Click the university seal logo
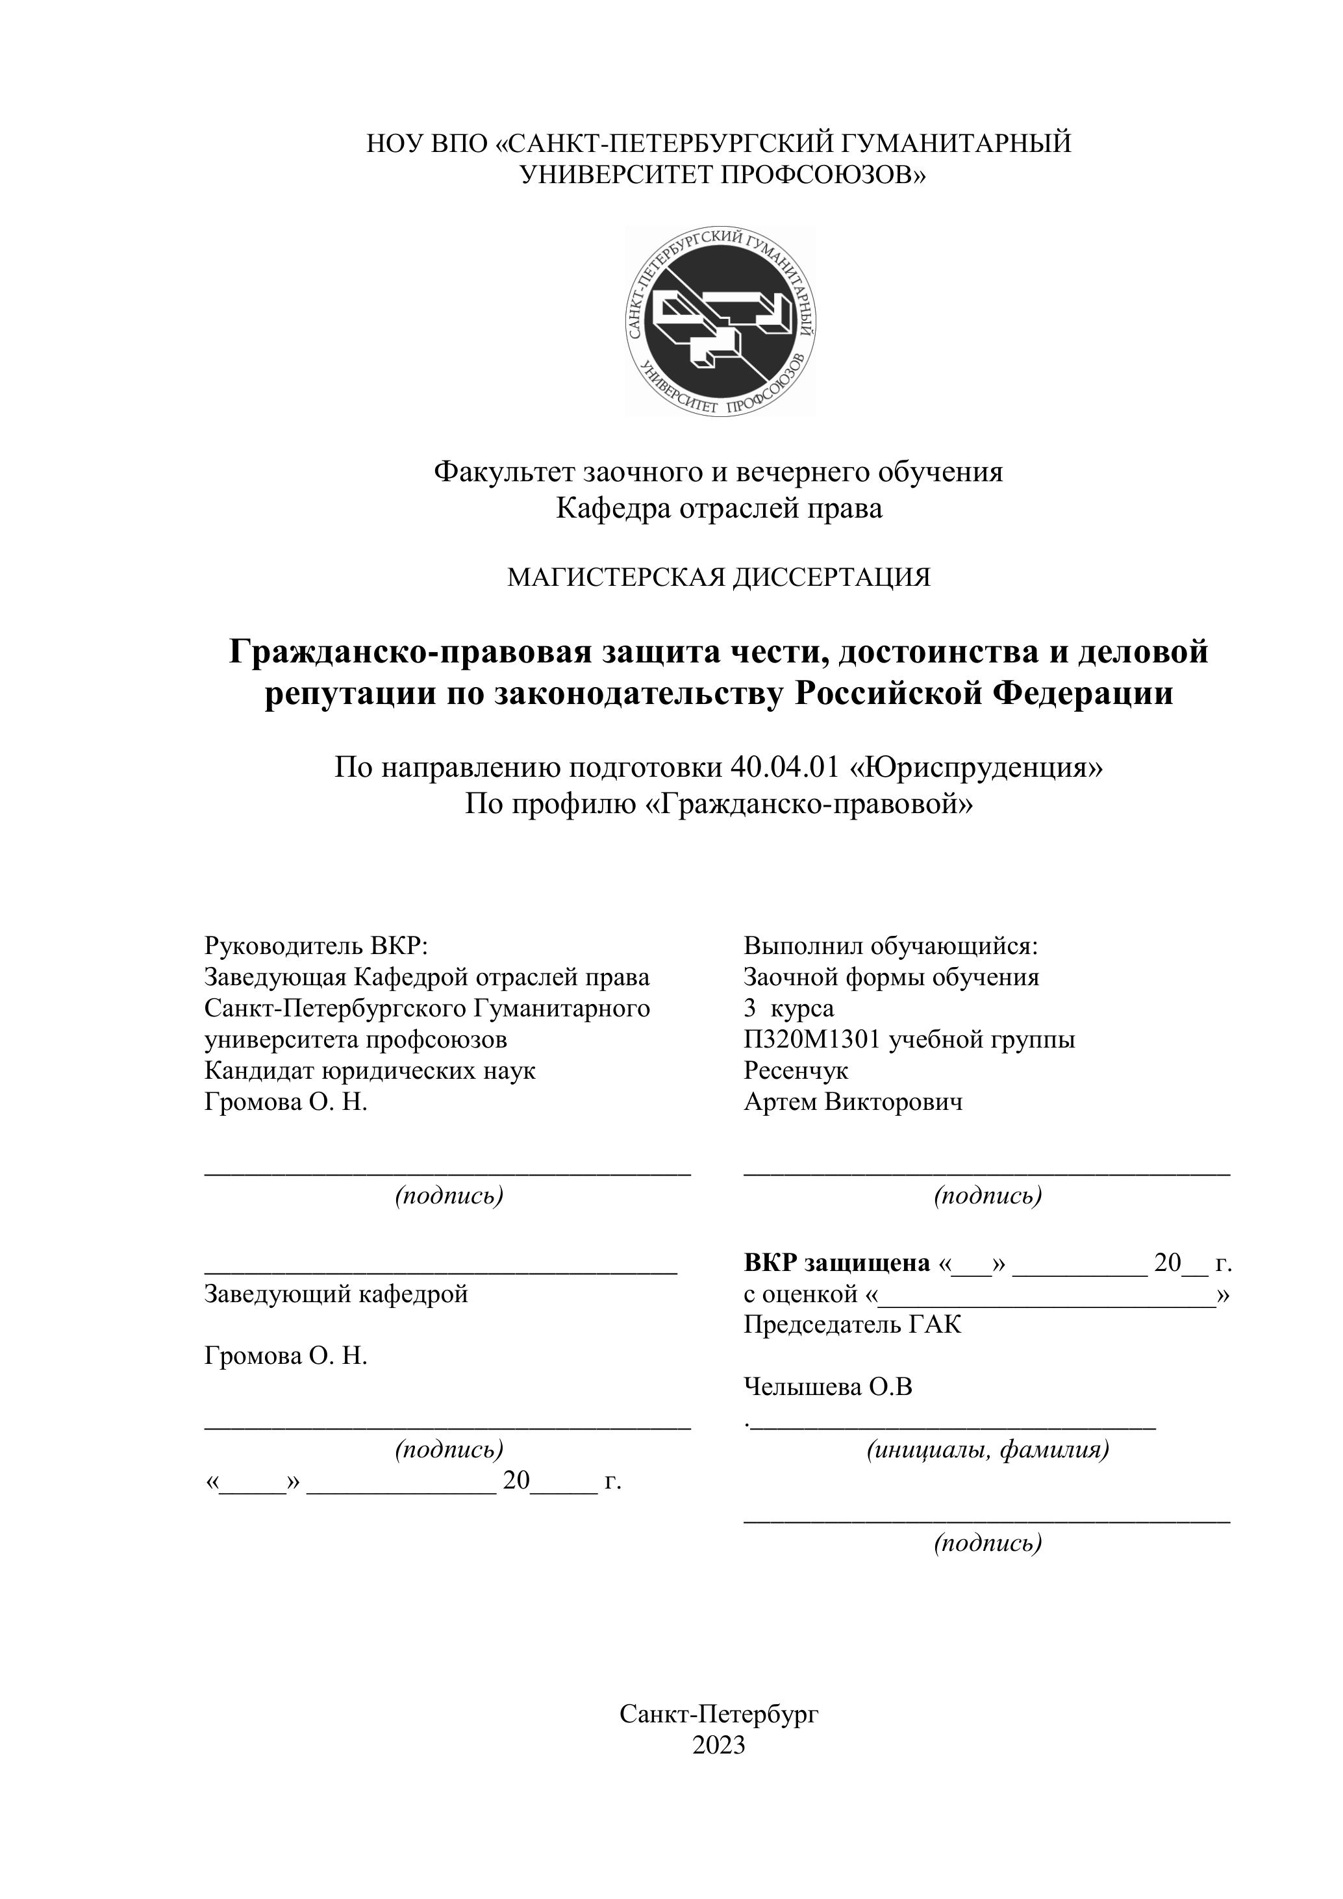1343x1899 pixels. click(720, 321)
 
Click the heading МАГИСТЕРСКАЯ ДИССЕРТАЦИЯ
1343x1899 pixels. click(719, 577)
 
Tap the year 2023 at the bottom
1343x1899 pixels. click(719, 1744)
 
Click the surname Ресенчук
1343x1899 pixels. click(796, 1071)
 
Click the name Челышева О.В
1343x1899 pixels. click(828, 1387)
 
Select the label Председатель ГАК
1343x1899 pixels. click(853, 1325)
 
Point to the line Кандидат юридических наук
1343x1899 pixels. click(370, 1071)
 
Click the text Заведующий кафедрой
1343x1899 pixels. click(336, 1294)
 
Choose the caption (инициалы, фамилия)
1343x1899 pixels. click(987, 1449)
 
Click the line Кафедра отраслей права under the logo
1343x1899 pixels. click(719, 508)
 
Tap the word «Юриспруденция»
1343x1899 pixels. click(977, 768)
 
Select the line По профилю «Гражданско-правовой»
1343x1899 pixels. click(719, 803)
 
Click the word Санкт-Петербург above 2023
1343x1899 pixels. click(719, 1714)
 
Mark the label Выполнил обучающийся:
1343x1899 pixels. click(890, 946)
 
